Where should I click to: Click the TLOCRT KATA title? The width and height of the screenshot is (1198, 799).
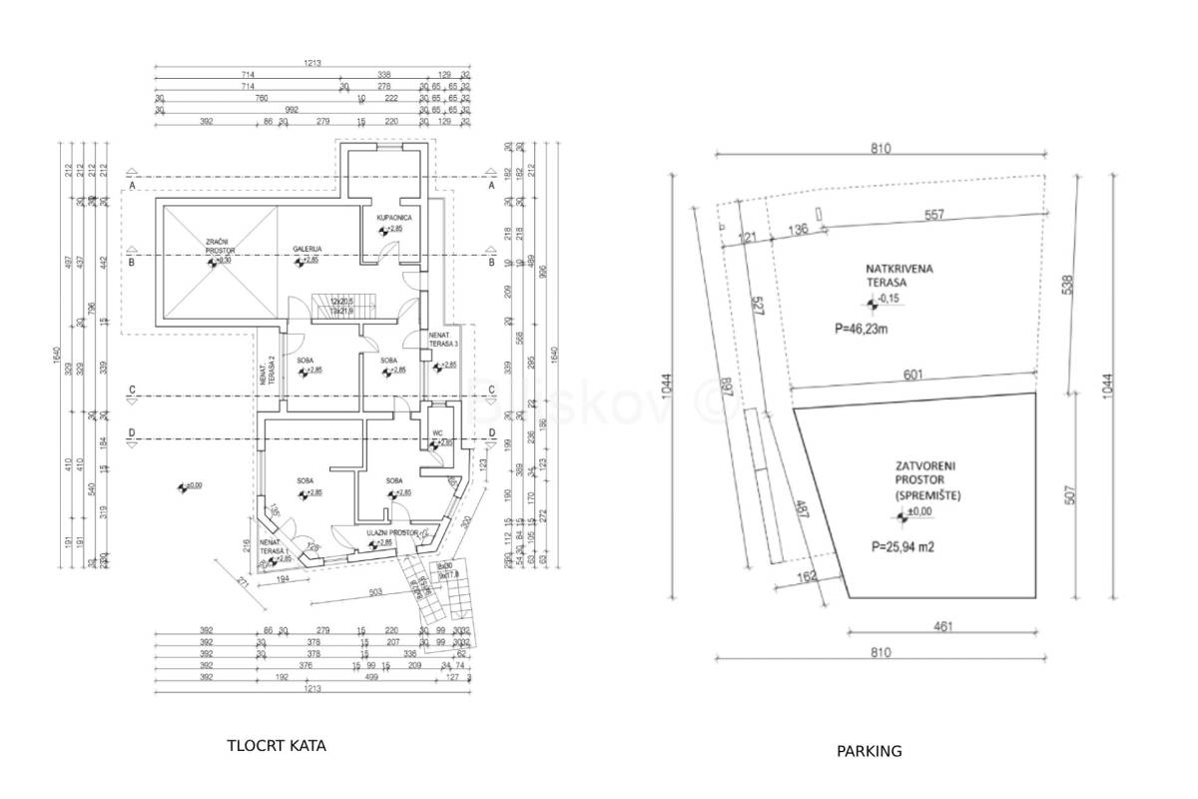pyautogui.click(x=277, y=745)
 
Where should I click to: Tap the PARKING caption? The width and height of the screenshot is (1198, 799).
pyautogui.click(x=869, y=751)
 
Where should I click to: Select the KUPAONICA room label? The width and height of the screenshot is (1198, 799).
pyautogui.click(x=394, y=218)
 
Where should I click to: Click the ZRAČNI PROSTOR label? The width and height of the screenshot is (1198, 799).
pyautogui.click(x=218, y=246)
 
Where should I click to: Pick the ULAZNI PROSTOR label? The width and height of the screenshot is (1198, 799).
pyautogui.click(x=390, y=532)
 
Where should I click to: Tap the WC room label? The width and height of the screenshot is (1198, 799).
pyautogui.click(x=436, y=433)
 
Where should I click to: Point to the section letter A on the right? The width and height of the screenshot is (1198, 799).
pyautogui.click(x=491, y=186)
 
